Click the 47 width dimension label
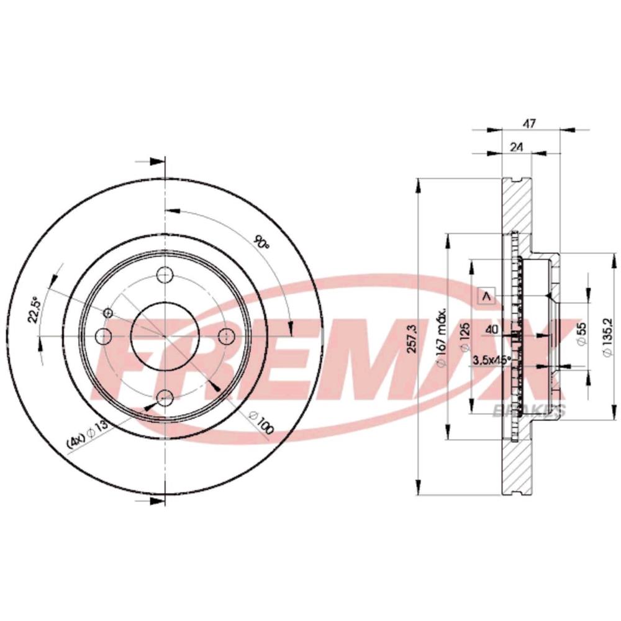coord(528,124)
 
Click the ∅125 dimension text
coord(462,338)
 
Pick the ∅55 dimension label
coord(582,335)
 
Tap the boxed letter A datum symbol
coord(486,297)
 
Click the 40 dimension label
coord(491,330)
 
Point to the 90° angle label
coord(261,242)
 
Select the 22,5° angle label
coord(36,309)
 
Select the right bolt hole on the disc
coord(226,336)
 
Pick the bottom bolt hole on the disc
coord(165,397)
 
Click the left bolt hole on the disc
coord(104,336)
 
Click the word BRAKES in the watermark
coord(528,409)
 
